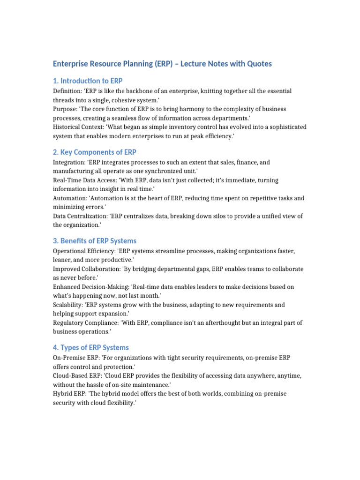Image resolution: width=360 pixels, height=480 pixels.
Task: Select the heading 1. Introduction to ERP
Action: (x=88, y=81)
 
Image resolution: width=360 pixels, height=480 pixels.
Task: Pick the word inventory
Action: (x=177, y=127)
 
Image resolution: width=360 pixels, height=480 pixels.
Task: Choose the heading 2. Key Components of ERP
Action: (x=94, y=152)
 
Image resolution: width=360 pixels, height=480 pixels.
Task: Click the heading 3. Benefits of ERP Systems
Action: (x=95, y=241)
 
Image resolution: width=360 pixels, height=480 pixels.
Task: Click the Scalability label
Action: (x=68, y=305)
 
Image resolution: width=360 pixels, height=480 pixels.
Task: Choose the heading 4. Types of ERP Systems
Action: (x=91, y=348)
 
